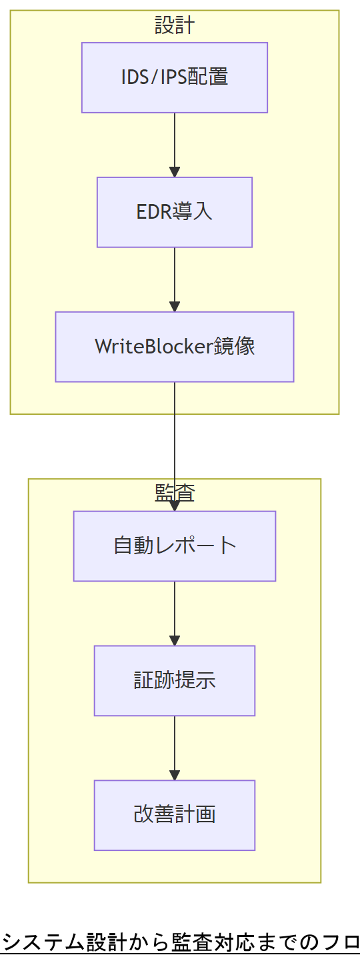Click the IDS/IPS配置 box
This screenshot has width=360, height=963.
tap(175, 77)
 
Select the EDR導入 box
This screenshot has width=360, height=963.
tap(175, 212)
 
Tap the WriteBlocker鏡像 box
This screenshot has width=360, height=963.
tap(175, 347)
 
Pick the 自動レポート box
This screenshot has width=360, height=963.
tap(175, 546)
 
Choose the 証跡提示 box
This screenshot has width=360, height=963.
tap(175, 681)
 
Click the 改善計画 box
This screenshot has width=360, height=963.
tap(175, 815)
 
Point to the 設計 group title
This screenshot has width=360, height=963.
tap(175, 25)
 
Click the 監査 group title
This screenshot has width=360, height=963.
tap(175, 493)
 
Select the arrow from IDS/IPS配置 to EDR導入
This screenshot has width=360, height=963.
tap(175, 144)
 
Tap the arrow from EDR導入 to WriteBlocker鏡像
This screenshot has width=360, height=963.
tap(175, 279)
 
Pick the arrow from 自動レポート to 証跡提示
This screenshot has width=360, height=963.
tap(175, 613)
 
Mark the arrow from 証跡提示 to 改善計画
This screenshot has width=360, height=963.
tap(175, 748)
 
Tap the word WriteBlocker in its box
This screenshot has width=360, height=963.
tap(153, 347)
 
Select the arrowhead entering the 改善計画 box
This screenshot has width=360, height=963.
tap(175, 776)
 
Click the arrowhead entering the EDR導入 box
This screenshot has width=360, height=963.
tap(175, 172)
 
